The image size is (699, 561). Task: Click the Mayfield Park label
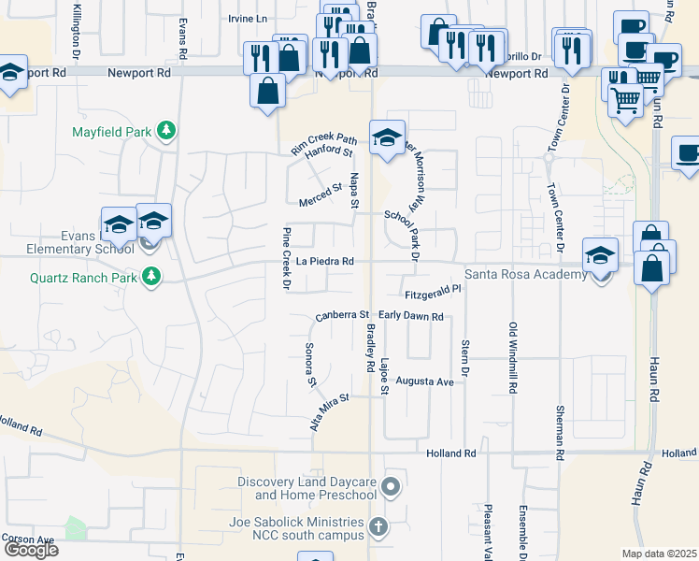111,132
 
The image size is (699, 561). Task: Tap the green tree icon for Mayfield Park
166,131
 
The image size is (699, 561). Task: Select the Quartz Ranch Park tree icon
150,276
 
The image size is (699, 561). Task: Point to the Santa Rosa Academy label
526,273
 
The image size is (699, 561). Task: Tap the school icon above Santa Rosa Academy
600,255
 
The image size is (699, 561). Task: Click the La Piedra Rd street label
325,262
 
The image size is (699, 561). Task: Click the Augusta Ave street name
424,382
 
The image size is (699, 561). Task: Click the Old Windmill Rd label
513,357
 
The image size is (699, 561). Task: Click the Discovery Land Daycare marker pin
392,486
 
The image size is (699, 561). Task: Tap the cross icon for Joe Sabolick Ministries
378,527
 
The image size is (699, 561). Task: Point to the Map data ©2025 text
660,554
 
